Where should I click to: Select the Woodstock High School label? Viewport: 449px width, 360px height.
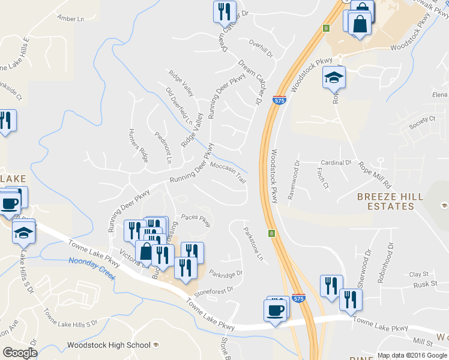[109, 345]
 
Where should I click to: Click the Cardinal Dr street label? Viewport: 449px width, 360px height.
[336, 163]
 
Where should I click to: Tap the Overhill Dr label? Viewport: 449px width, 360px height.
[261, 49]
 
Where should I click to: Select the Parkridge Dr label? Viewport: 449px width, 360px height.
[226, 274]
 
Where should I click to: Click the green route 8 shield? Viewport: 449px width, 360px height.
[271, 233]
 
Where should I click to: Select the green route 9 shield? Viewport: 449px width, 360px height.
[326, 28]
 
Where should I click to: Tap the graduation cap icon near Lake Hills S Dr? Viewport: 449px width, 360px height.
[23, 232]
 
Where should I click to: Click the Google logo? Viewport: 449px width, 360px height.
[20, 353]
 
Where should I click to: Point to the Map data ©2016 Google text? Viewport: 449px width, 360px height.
[412, 355]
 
